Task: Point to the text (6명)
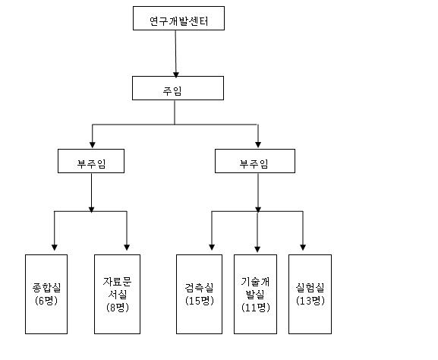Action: pyautogui.click(x=46, y=301)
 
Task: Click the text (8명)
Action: pyautogui.click(x=118, y=308)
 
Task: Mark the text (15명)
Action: pyautogui.click(x=200, y=301)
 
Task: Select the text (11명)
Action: pyautogui.click(x=256, y=308)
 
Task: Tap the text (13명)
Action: pyautogui.click(x=310, y=301)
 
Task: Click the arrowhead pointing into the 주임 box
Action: pyautogui.click(x=176, y=74)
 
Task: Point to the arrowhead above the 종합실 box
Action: pyautogui.click(x=55, y=248)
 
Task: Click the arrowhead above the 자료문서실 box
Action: pyautogui.click(x=127, y=248)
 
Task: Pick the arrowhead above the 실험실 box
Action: pyautogui.click(x=303, y=248)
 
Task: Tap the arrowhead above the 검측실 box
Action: pyautogui.click(x=212, y=248)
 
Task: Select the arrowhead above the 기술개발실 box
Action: pyautogui.click(x=257, y=249)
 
